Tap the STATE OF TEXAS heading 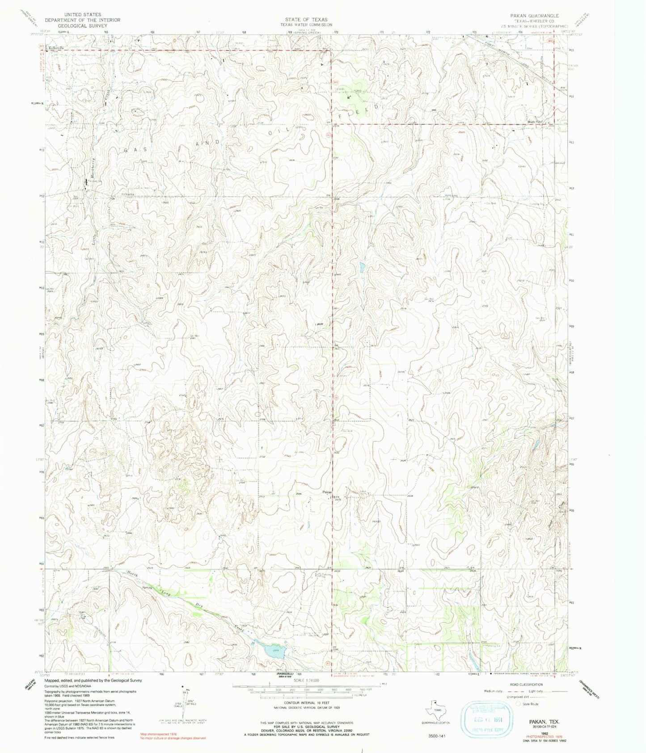pos(306,20)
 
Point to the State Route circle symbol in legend pos(519,704)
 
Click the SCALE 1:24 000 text pos(306,680)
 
